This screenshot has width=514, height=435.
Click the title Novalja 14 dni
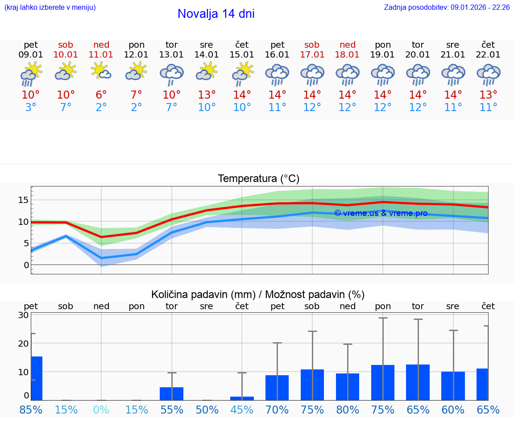click(x=216, y=14)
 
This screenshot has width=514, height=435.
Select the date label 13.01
click(x=171, y=54)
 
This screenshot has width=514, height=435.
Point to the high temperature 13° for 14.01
click(x=207, y=95)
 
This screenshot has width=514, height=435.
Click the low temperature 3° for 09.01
click(x=31, y=108)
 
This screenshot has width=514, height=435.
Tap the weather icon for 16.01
click(x=277, y=74)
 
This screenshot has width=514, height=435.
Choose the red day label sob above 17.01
click(x=312, y=45)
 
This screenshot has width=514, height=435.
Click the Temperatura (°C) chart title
click(x=258, y=179)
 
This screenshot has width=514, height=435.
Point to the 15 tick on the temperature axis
click(x=23, y=200)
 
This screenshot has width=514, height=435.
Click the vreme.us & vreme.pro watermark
click(x=381, y=213)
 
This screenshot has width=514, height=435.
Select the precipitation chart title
click(x=258, y=294)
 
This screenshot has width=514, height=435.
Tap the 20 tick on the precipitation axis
click(x=23, y=344)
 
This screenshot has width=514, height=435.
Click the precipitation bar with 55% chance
click(x=171, y=394)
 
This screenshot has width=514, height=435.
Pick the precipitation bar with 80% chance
click(x=348, y=387)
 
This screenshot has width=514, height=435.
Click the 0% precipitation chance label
click(x=101, y=410)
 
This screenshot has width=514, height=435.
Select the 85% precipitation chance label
click(x=31, y=410)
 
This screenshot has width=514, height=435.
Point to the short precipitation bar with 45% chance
click(x=242, y=398)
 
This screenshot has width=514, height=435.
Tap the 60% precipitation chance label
click(x=453, y=410)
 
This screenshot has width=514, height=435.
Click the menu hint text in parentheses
click(x=50, y=8)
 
